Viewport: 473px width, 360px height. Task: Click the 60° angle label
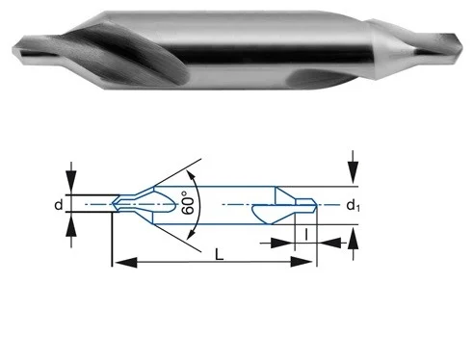(188, 202)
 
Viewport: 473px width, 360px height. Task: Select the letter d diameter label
(58, 204)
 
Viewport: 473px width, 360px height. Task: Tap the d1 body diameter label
(353, 205)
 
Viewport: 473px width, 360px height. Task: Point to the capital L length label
(220, 255)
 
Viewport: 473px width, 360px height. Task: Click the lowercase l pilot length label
(306, 234)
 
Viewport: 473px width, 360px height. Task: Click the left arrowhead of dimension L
(126, 262)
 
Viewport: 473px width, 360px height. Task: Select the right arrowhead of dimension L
(302, 262)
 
